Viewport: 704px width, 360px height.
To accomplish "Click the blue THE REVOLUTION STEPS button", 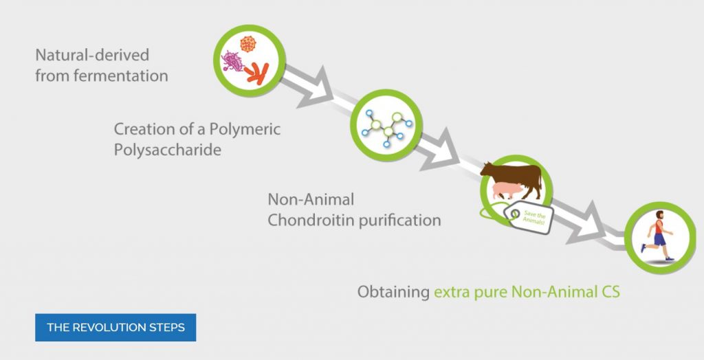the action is (115, 327).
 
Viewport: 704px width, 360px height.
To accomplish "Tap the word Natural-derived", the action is (92, 55).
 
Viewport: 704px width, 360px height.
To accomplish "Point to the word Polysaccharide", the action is (168, 150).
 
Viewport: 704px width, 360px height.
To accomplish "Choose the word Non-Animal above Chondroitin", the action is (311, 199).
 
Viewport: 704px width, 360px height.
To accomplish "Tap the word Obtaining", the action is (393, 292).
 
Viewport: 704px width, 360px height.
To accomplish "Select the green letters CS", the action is (610, 292).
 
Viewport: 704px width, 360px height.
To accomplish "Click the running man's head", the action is (659, 215).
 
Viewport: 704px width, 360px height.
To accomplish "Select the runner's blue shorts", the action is (659, 239).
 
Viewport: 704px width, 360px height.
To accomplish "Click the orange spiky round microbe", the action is (247, 44).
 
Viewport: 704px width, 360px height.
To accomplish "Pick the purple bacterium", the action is (232, 62).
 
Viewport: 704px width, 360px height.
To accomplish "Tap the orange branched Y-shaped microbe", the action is (257, 74).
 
